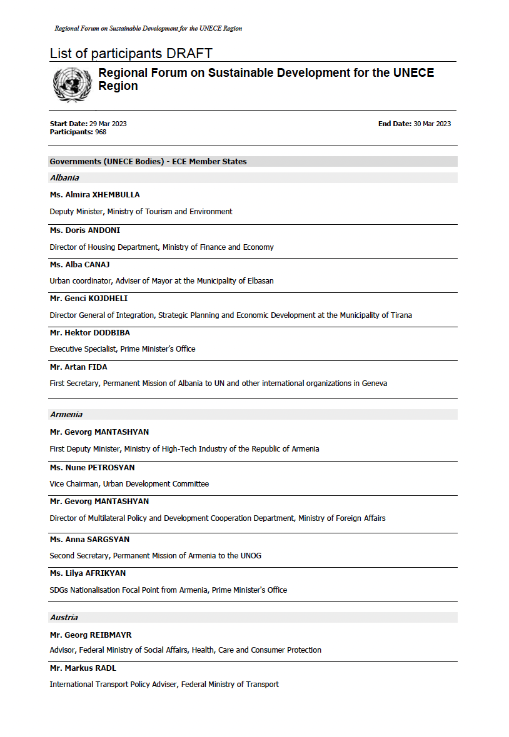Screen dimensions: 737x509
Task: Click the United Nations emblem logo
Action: (73, 85)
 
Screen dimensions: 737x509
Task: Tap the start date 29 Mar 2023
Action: (108, 124)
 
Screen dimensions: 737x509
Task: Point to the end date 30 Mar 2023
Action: (432, 124)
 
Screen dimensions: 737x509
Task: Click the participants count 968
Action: (101, 132)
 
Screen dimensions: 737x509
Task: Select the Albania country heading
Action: (64, 178)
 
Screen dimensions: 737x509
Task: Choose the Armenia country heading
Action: (66, 415)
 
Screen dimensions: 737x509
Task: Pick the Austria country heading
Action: (64, 618)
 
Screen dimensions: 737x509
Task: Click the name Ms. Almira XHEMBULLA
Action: (94, 195)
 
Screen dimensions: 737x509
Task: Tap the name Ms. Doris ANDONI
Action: (84, 230)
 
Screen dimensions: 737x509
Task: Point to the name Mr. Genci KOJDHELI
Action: (88, 299)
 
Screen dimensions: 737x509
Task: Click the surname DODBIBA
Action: (111, 333)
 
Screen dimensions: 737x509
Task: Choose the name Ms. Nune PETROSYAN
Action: (92, 467)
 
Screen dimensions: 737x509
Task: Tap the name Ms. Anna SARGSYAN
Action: (89, 539)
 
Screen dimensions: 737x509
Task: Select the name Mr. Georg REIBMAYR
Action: (91, 635)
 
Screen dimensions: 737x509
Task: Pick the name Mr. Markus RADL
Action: (83, 668)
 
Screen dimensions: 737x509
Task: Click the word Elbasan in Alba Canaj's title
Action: (260, 281)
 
